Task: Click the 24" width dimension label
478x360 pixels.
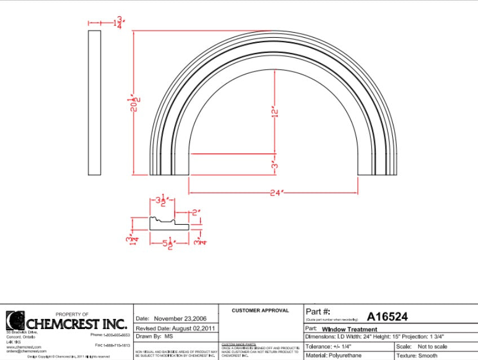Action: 275,193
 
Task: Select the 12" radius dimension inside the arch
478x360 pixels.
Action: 275,112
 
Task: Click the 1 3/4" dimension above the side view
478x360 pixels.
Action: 119,23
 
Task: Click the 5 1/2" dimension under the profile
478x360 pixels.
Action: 163,243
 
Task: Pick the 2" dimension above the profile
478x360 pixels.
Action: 196,213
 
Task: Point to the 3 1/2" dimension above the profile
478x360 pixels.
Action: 162,201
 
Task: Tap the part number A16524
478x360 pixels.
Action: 387,317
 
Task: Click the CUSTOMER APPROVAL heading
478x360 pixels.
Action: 260,310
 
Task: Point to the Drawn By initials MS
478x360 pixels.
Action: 168,336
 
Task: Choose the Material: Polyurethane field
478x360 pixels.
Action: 333,355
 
